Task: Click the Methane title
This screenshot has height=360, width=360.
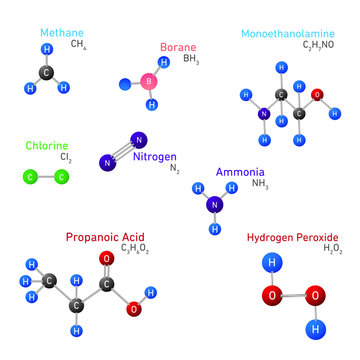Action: click(x=62, y=33)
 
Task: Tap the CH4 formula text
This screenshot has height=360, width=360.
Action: click(x=78, y=45)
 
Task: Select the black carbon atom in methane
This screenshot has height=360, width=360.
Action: click(x=47, y=72)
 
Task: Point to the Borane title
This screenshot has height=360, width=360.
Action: click(x=178, y=48)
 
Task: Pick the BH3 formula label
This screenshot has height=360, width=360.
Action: click(x=191, y=60)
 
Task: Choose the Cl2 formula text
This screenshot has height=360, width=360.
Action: click(x=65, y=158)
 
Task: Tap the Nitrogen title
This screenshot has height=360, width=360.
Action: click(x=155, y=158)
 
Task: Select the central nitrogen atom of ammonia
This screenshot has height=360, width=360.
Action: click(x=214, y=205)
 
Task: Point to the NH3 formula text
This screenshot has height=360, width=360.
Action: click(x=260, y=185)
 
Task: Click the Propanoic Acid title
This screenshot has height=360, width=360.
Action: click(x=105, y=237)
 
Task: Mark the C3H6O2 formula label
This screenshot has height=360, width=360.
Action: click(x=135, y=249)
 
